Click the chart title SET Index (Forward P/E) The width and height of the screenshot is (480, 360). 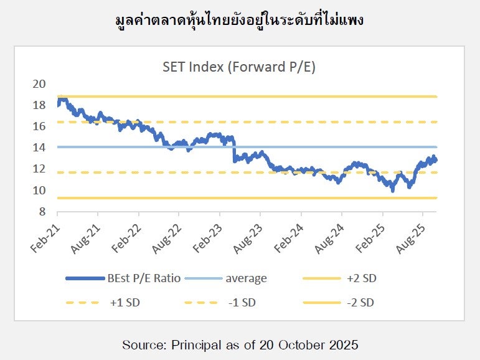pos(239,67)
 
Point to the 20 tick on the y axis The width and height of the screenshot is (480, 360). pos(39,84)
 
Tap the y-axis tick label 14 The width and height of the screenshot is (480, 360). pos(39,148)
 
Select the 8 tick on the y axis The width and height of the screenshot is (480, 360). pos(42,212)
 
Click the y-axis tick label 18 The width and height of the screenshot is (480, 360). pos(39,105)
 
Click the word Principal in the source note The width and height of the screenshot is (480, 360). pos(188,344)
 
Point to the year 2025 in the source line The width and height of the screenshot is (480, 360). pos(342,344)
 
